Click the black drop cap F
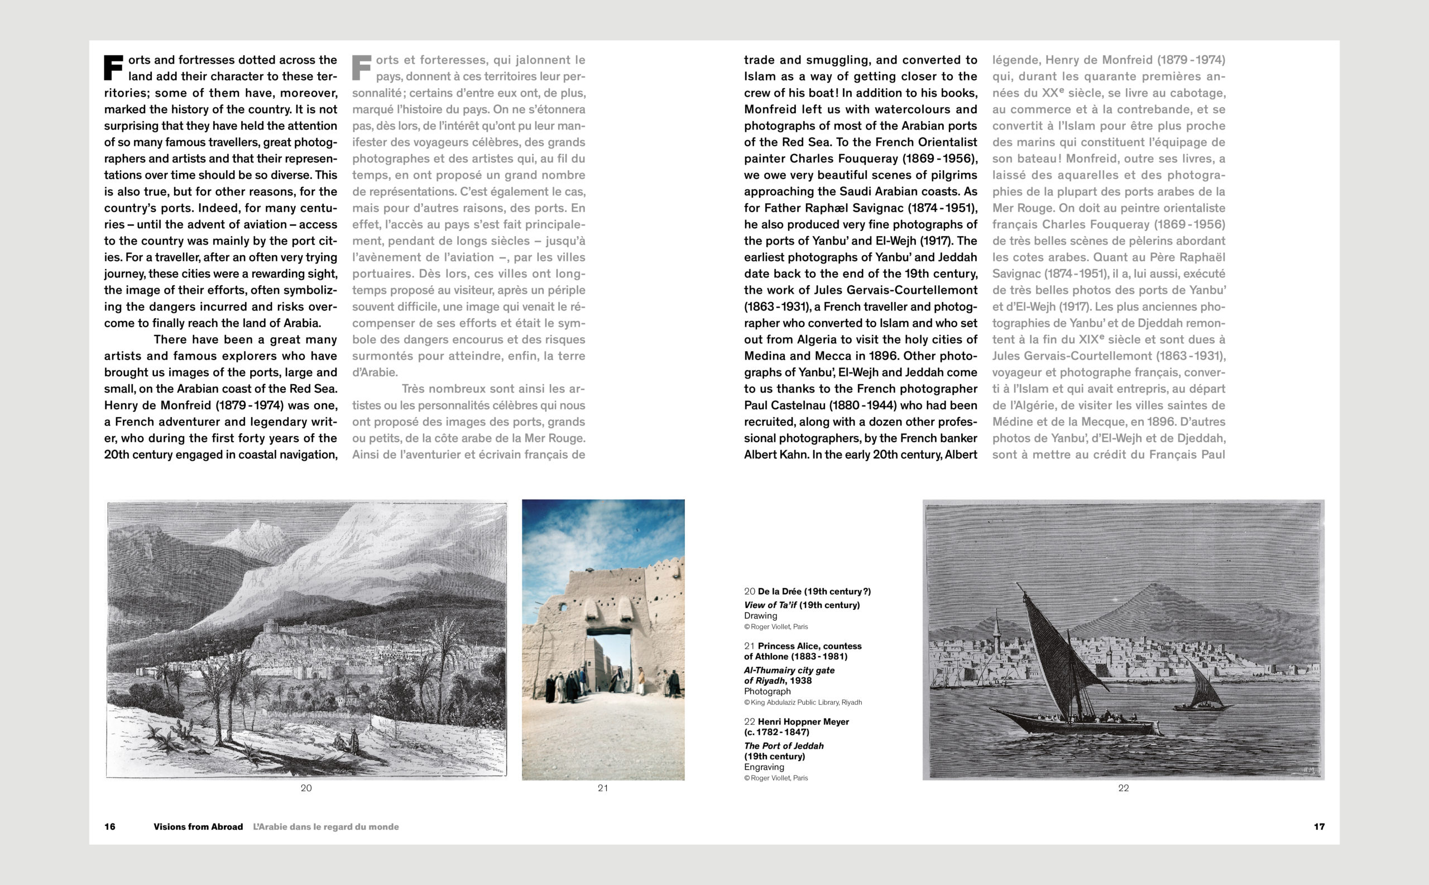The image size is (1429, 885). click(113, 68)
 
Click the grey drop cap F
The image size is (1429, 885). click(361, 68)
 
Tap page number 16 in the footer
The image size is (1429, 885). click(110, 826)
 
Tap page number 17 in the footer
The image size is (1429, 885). click(1319, 826)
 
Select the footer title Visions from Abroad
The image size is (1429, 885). click(198, 826)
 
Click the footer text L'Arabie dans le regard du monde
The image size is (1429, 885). click(326, 826)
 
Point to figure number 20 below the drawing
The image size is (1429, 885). click(306, 788)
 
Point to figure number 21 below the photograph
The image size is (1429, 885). click(603, 788)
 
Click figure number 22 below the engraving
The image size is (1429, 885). click(1124, 788)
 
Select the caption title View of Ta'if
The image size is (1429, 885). click(770, 605)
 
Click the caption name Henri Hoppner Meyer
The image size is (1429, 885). click(803, 722)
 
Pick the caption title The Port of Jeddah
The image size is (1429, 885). click(784, 746)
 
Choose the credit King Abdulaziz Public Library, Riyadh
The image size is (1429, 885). click(806, 702)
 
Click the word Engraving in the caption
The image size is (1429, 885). click(764, 767)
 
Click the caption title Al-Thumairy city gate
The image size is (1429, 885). click(789, 670)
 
